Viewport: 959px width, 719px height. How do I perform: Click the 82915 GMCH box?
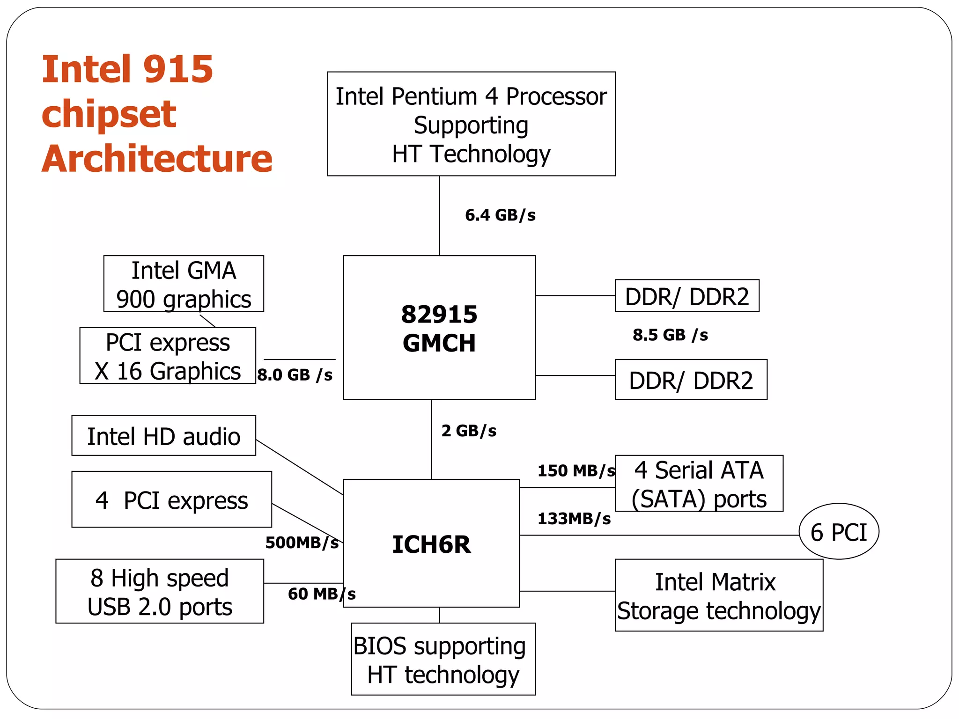click(x=439, y=328)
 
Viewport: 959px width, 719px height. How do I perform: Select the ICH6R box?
click(x=431, y=543)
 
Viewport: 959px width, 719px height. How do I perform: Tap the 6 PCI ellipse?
click(x=839, y=531)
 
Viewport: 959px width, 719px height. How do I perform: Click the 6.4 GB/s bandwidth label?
click(x=500, y=215)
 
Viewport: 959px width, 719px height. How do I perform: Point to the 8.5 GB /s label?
click(x=670, y=335)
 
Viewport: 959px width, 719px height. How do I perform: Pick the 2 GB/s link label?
click(x=469, y=431)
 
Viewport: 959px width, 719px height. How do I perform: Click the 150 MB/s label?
click(x=576, y=470)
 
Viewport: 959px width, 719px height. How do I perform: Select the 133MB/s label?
click(x=574, y=519)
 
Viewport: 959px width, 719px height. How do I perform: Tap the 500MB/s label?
click(x=302, y=543)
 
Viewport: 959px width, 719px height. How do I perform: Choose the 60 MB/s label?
click(x=322, y=594)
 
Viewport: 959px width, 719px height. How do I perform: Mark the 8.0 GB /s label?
click(x=295, y=375)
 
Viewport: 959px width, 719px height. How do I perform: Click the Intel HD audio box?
click(x=163, y=436)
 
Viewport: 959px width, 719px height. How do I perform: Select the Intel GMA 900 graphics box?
click(x=184, y=284)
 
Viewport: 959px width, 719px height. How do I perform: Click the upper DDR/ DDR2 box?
click(x=687, y=296)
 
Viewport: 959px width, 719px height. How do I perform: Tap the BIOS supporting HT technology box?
click(x=443, y=659)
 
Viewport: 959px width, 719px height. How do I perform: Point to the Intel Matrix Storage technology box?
click(x=719, y=595)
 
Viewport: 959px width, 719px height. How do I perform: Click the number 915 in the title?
click(x=177, y=69)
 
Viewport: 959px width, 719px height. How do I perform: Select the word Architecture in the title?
click(x=157, y=159)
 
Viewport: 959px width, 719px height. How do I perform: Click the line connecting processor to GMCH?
click(x=439, y=215)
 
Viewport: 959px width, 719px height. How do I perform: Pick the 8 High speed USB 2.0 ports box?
click(x=160, y=591)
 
